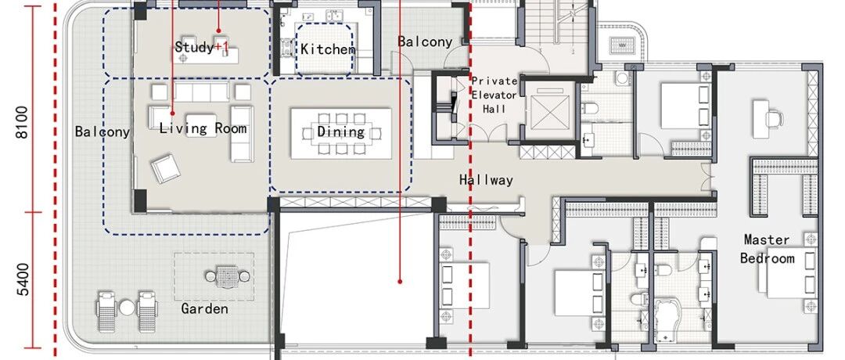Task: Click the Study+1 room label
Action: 202,48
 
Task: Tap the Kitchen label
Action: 328,49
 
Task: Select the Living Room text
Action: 203,128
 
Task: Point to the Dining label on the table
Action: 340,131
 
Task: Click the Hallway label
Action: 486,180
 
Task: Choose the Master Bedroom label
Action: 767,248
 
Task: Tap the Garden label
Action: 204,309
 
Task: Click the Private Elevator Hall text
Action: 494,95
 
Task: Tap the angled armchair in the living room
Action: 165,167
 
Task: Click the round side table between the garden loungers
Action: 127,308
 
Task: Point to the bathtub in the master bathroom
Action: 674,321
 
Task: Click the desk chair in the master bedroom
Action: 775,117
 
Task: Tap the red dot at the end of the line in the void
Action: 400,281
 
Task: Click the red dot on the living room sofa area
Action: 172,113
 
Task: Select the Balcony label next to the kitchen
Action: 425,41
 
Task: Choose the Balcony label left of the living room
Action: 102,131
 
